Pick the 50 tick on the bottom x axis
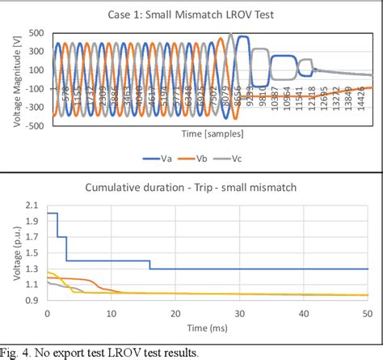point(367,313)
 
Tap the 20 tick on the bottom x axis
point(175,313)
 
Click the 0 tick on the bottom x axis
point(47,313)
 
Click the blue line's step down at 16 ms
point(149,265)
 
